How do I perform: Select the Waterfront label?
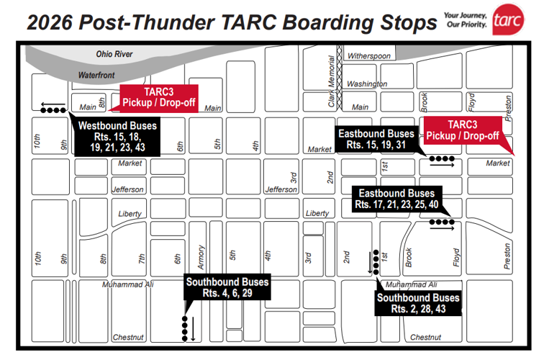click(97, 74)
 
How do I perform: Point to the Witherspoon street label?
click(368, 55)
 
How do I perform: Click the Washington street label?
click(367, 84)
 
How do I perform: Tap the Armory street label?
click(201, 256)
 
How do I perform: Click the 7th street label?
click(142, 258)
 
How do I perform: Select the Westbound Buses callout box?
click(117, 136)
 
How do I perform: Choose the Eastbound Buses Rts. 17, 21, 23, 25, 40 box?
click(396, 199)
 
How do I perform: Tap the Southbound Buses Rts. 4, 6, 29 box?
click(227, 287)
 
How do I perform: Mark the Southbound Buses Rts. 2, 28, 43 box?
click(417, 303)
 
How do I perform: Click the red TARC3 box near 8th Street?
click(158, 98)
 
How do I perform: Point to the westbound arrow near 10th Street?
click(50, 103)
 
